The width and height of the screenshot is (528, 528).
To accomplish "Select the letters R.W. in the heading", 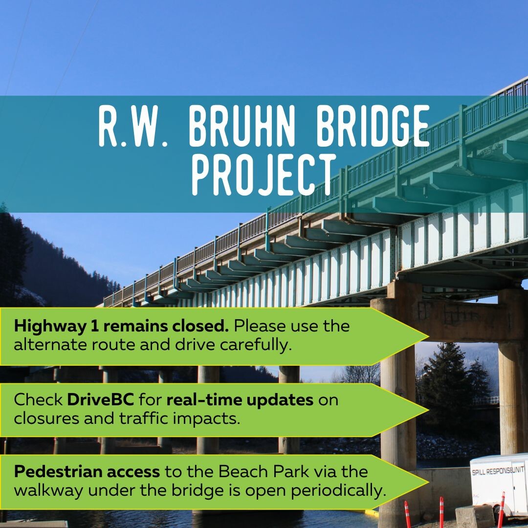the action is coord(132,126).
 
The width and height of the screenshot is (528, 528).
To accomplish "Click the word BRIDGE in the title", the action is coord(373,126).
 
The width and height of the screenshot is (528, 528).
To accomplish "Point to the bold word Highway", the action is coord(50,326).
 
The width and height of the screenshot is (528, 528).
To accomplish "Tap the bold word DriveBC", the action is coord(100,400).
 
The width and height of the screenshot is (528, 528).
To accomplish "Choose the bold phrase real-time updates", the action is coord(240,400).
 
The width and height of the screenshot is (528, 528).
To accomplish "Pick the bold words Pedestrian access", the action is coord(87,472).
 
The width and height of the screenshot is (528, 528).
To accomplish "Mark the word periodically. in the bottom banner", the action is coord(338,491).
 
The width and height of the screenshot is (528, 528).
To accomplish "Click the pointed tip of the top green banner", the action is coord(428,336).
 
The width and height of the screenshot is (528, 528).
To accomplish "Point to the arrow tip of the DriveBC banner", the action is coord(428,410).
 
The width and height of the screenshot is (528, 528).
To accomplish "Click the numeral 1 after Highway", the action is coord(95,326).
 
